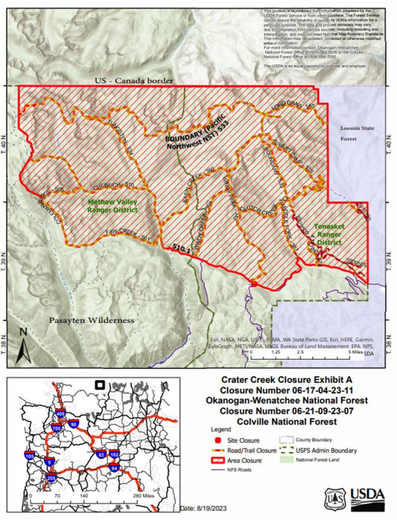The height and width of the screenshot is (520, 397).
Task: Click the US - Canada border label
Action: click(134, 80)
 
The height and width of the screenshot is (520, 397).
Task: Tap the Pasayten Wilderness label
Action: click(92, 320)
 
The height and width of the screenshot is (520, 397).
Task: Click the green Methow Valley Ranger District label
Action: click(112, 206)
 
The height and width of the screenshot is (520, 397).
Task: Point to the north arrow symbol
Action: click(23, 346)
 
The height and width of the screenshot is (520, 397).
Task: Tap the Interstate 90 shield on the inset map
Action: click(74, 424)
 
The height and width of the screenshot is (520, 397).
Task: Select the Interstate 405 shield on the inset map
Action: click(60, 414)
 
